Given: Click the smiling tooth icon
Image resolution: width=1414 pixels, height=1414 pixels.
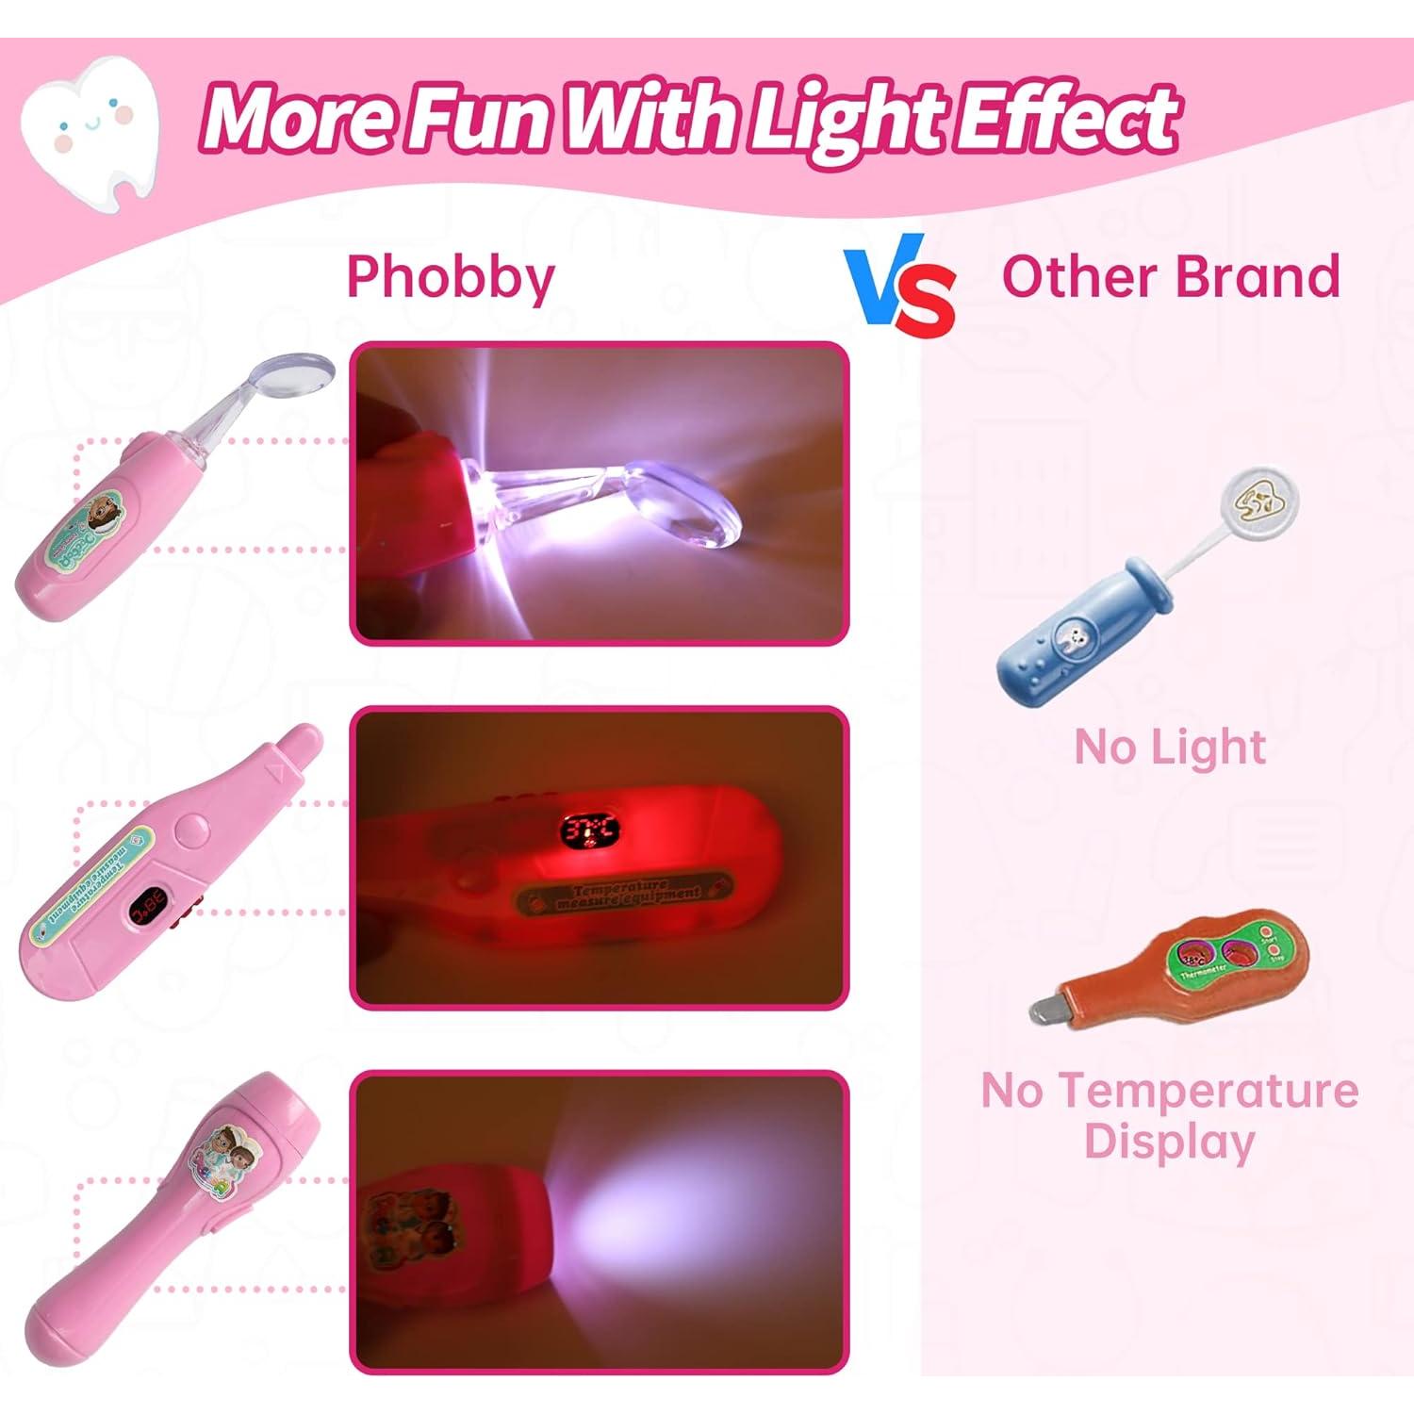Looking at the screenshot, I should (90, 127).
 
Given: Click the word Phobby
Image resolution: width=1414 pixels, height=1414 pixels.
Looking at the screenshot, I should (451, 277).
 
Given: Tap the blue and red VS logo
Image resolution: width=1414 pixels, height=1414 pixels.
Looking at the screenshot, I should (900, 288).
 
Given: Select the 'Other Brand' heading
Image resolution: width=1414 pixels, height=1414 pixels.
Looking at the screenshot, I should (1170, 277).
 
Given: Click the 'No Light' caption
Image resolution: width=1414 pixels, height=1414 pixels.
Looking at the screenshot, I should (1170, 748).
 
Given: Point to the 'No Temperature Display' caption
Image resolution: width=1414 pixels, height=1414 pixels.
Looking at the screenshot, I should (1170, 1116).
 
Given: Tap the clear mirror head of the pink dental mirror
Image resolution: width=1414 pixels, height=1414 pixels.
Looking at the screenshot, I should (296, 372).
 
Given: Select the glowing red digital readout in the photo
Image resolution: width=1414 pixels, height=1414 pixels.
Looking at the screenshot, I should (589, 830).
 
